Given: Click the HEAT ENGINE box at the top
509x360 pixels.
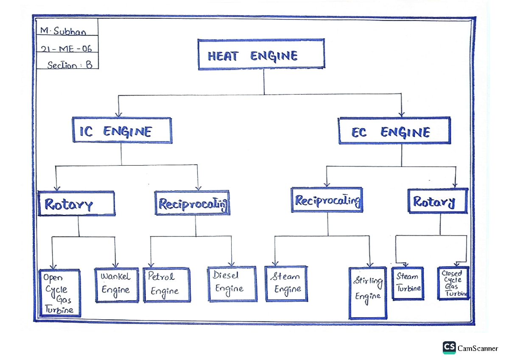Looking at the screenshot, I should coord(261,54).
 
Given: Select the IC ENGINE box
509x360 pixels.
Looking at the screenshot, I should coord(122,131).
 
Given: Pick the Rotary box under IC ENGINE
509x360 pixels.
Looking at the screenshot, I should coord(76,204).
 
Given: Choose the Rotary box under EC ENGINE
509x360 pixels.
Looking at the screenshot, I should coord(437,201).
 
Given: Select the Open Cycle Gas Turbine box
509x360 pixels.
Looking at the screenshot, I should coord(59,293).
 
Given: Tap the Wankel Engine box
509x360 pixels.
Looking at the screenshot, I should coord(117,285).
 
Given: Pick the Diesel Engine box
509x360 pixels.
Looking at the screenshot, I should coord(232,284).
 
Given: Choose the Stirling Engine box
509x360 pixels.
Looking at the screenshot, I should coord(368,292).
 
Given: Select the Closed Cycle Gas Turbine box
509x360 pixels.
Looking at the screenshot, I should coord(453,283).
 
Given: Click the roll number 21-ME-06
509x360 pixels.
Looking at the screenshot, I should coord(67,48).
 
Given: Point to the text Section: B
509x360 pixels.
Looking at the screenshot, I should coord(70,65).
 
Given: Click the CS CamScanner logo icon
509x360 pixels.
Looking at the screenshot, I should coord(449,347).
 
